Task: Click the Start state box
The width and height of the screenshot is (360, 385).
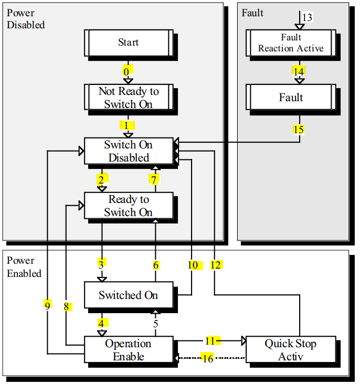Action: (x=128, y=42)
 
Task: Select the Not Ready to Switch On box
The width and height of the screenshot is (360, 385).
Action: (x=128, y=98)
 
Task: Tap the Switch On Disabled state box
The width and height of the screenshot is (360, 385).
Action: (x=128, y=151)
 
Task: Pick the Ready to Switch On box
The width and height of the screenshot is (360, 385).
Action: (x=128, y=206)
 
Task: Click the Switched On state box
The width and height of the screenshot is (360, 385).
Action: (x=128, y=295)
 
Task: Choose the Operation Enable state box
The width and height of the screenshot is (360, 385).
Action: (x=128, y=350)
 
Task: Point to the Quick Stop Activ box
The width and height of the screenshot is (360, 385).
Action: (x=290, y=350)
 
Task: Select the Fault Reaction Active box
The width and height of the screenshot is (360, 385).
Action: (x=291, y=42)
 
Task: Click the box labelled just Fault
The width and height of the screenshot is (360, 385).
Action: (x=291, y=98)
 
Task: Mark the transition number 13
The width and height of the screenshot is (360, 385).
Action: (x=307, y=18)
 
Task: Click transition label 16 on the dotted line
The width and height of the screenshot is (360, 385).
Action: (x=208, y=359)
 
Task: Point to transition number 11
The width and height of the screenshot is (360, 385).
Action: (x=210, y=341)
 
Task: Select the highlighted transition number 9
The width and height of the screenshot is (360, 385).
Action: (x=47, y=305)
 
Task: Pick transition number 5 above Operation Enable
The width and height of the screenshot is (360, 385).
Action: (x=155, y=324)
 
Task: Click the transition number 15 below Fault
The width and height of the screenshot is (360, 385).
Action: (x=299, y=129)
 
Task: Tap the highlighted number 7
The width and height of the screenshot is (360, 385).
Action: (x=154, y=179)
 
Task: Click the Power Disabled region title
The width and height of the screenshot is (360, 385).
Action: (x=25, y=18)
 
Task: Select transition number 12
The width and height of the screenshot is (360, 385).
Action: (x=215, y=265)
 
